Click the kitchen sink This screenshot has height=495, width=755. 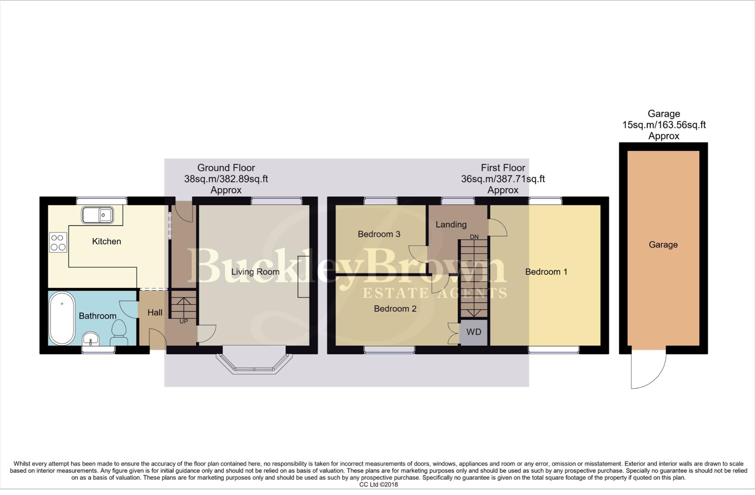click(98, 215)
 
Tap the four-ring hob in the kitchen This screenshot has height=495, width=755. click(58, 242)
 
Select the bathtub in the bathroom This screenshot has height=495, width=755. click(62, 318)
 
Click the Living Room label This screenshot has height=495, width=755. click(255, 272)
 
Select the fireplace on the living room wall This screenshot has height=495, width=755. click(303, 276)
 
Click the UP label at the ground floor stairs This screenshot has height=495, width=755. click(184, 321)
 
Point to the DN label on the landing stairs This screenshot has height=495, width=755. click(474, 237)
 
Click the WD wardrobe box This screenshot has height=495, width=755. click(474, 332)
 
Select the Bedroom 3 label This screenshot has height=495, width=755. click(379, 234)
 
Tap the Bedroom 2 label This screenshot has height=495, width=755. click(395, 309)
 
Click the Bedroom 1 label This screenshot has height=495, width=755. click(546, 272)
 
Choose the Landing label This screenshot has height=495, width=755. click(451, 225)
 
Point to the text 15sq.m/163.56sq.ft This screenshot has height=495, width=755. click(663, 125)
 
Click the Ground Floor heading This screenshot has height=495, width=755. click(226, 168)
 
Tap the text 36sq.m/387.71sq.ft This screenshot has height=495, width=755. click(503, 179)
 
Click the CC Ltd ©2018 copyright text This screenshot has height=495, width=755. click(378, 484)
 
